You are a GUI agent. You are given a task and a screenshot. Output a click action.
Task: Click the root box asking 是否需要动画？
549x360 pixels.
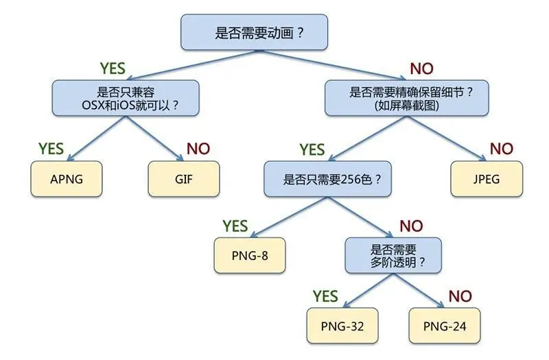point(254,32)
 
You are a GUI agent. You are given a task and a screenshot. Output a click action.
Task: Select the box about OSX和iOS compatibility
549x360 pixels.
point(126,97)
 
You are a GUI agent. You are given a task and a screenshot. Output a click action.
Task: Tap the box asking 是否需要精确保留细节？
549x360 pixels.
point(406,97)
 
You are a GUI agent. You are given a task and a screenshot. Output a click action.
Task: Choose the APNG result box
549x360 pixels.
point(67,180)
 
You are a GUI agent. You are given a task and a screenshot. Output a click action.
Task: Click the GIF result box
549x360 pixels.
point(184,180)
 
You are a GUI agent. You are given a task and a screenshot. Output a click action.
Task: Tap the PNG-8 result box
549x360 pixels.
point(249,255)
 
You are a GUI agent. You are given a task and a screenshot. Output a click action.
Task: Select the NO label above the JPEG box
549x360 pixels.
point(501,149)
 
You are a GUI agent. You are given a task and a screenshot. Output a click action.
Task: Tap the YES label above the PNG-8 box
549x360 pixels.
point(234,226)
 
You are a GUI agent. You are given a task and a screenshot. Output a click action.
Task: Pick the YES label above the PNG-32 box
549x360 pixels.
point(325,296)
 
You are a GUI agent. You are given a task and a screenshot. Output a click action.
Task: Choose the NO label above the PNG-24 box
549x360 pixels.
point(460,296)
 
